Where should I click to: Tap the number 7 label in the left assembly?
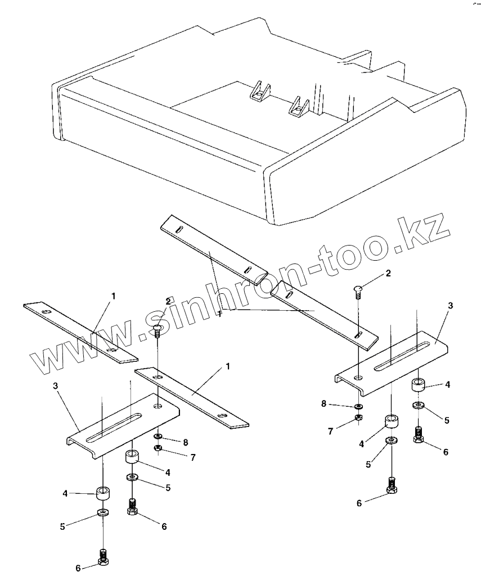click(x=192, y=457)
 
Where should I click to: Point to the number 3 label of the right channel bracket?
click(x=449, y=305)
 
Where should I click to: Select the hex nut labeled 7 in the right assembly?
click(x=358, y=417)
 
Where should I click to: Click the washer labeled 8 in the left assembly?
click(x=159, y=436)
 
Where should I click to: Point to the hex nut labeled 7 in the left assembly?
click(x=159, y=448)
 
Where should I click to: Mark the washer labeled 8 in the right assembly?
click(x=358, y=406)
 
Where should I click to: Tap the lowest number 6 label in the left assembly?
click(x=78, y=567)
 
